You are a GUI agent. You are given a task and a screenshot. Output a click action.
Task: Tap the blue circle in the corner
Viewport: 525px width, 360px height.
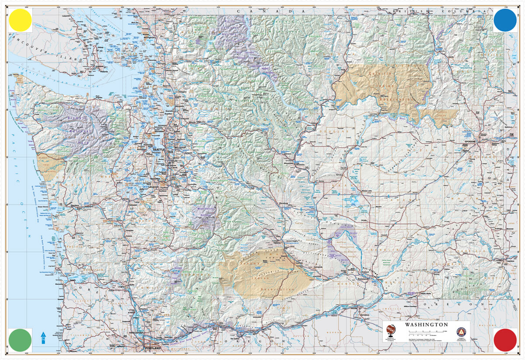coord(505,20)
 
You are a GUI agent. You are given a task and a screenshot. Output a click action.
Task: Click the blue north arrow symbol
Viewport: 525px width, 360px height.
coord(43,337)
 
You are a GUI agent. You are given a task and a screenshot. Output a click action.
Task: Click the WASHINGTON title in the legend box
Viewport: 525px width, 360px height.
coord(426,325)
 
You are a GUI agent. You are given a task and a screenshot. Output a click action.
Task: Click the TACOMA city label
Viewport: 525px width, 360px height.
coord(155,178)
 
